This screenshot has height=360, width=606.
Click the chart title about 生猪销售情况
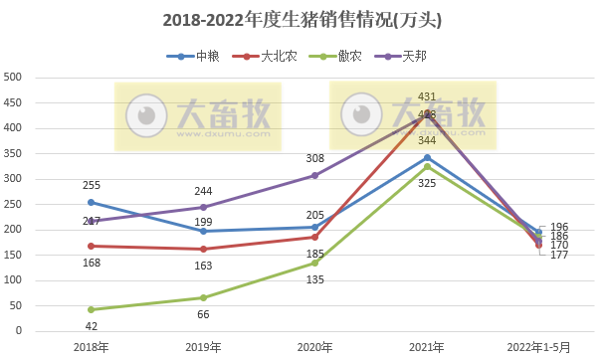click(303, 19)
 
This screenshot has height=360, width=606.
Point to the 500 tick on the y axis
click(14, 77)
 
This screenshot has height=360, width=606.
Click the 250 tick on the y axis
click(14, 204)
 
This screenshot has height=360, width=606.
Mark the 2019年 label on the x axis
click(203, 347)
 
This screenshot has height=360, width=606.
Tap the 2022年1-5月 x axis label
click(538, 347)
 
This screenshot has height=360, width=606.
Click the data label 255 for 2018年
click(92, 185)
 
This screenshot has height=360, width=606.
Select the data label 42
click(92, 326)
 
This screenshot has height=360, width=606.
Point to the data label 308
click(315, 158)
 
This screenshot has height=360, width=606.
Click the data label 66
click(203, 314)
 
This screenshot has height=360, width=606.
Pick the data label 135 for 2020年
click(315, 279)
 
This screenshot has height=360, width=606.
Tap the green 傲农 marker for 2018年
click(92, 309)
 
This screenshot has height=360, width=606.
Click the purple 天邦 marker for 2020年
click(315, 175)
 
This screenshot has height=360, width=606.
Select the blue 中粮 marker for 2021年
click(427, 157)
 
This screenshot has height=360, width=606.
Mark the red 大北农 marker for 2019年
click(203, 249)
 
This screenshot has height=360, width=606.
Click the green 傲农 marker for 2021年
click(427, 166)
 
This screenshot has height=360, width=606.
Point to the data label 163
click(203, 266)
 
